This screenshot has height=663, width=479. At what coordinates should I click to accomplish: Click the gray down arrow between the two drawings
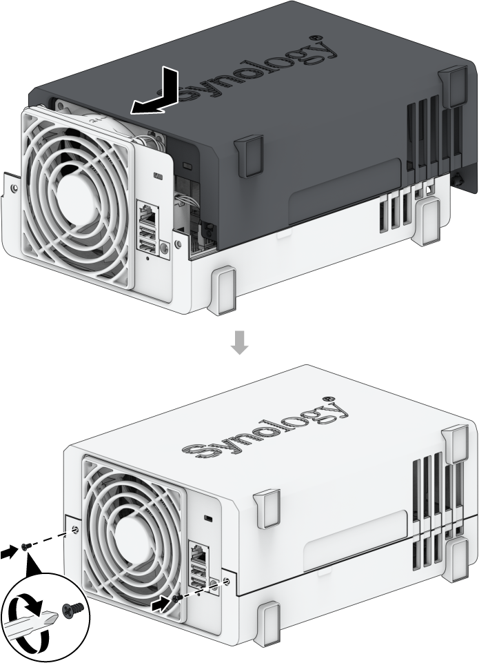coord(239,343)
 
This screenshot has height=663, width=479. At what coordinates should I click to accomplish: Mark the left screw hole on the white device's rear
coord(74,529)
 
